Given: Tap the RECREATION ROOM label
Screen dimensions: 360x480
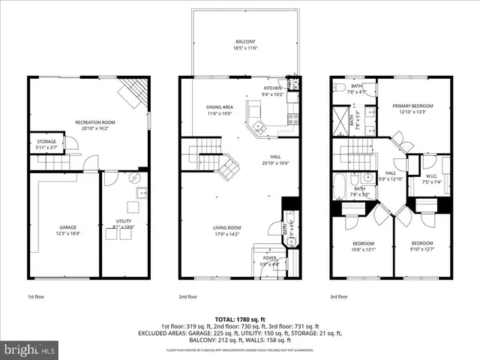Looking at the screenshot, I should point(94,122).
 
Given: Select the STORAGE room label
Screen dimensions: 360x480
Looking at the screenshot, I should point(46,141).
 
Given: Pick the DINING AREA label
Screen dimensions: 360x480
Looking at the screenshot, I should point(220,107).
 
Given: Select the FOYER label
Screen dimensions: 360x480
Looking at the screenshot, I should point(269,258).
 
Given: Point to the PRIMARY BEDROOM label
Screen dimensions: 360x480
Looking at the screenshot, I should point(413,106).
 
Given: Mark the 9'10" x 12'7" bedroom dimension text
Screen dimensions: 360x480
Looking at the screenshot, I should point(421,250).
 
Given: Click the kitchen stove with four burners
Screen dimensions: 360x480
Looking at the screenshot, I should point(293,118).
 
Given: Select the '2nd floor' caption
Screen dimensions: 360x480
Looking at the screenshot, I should point(188,296).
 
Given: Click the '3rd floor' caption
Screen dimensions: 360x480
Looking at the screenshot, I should point(340,296).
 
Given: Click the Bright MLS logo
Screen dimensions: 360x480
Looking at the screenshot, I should point(30,349).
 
